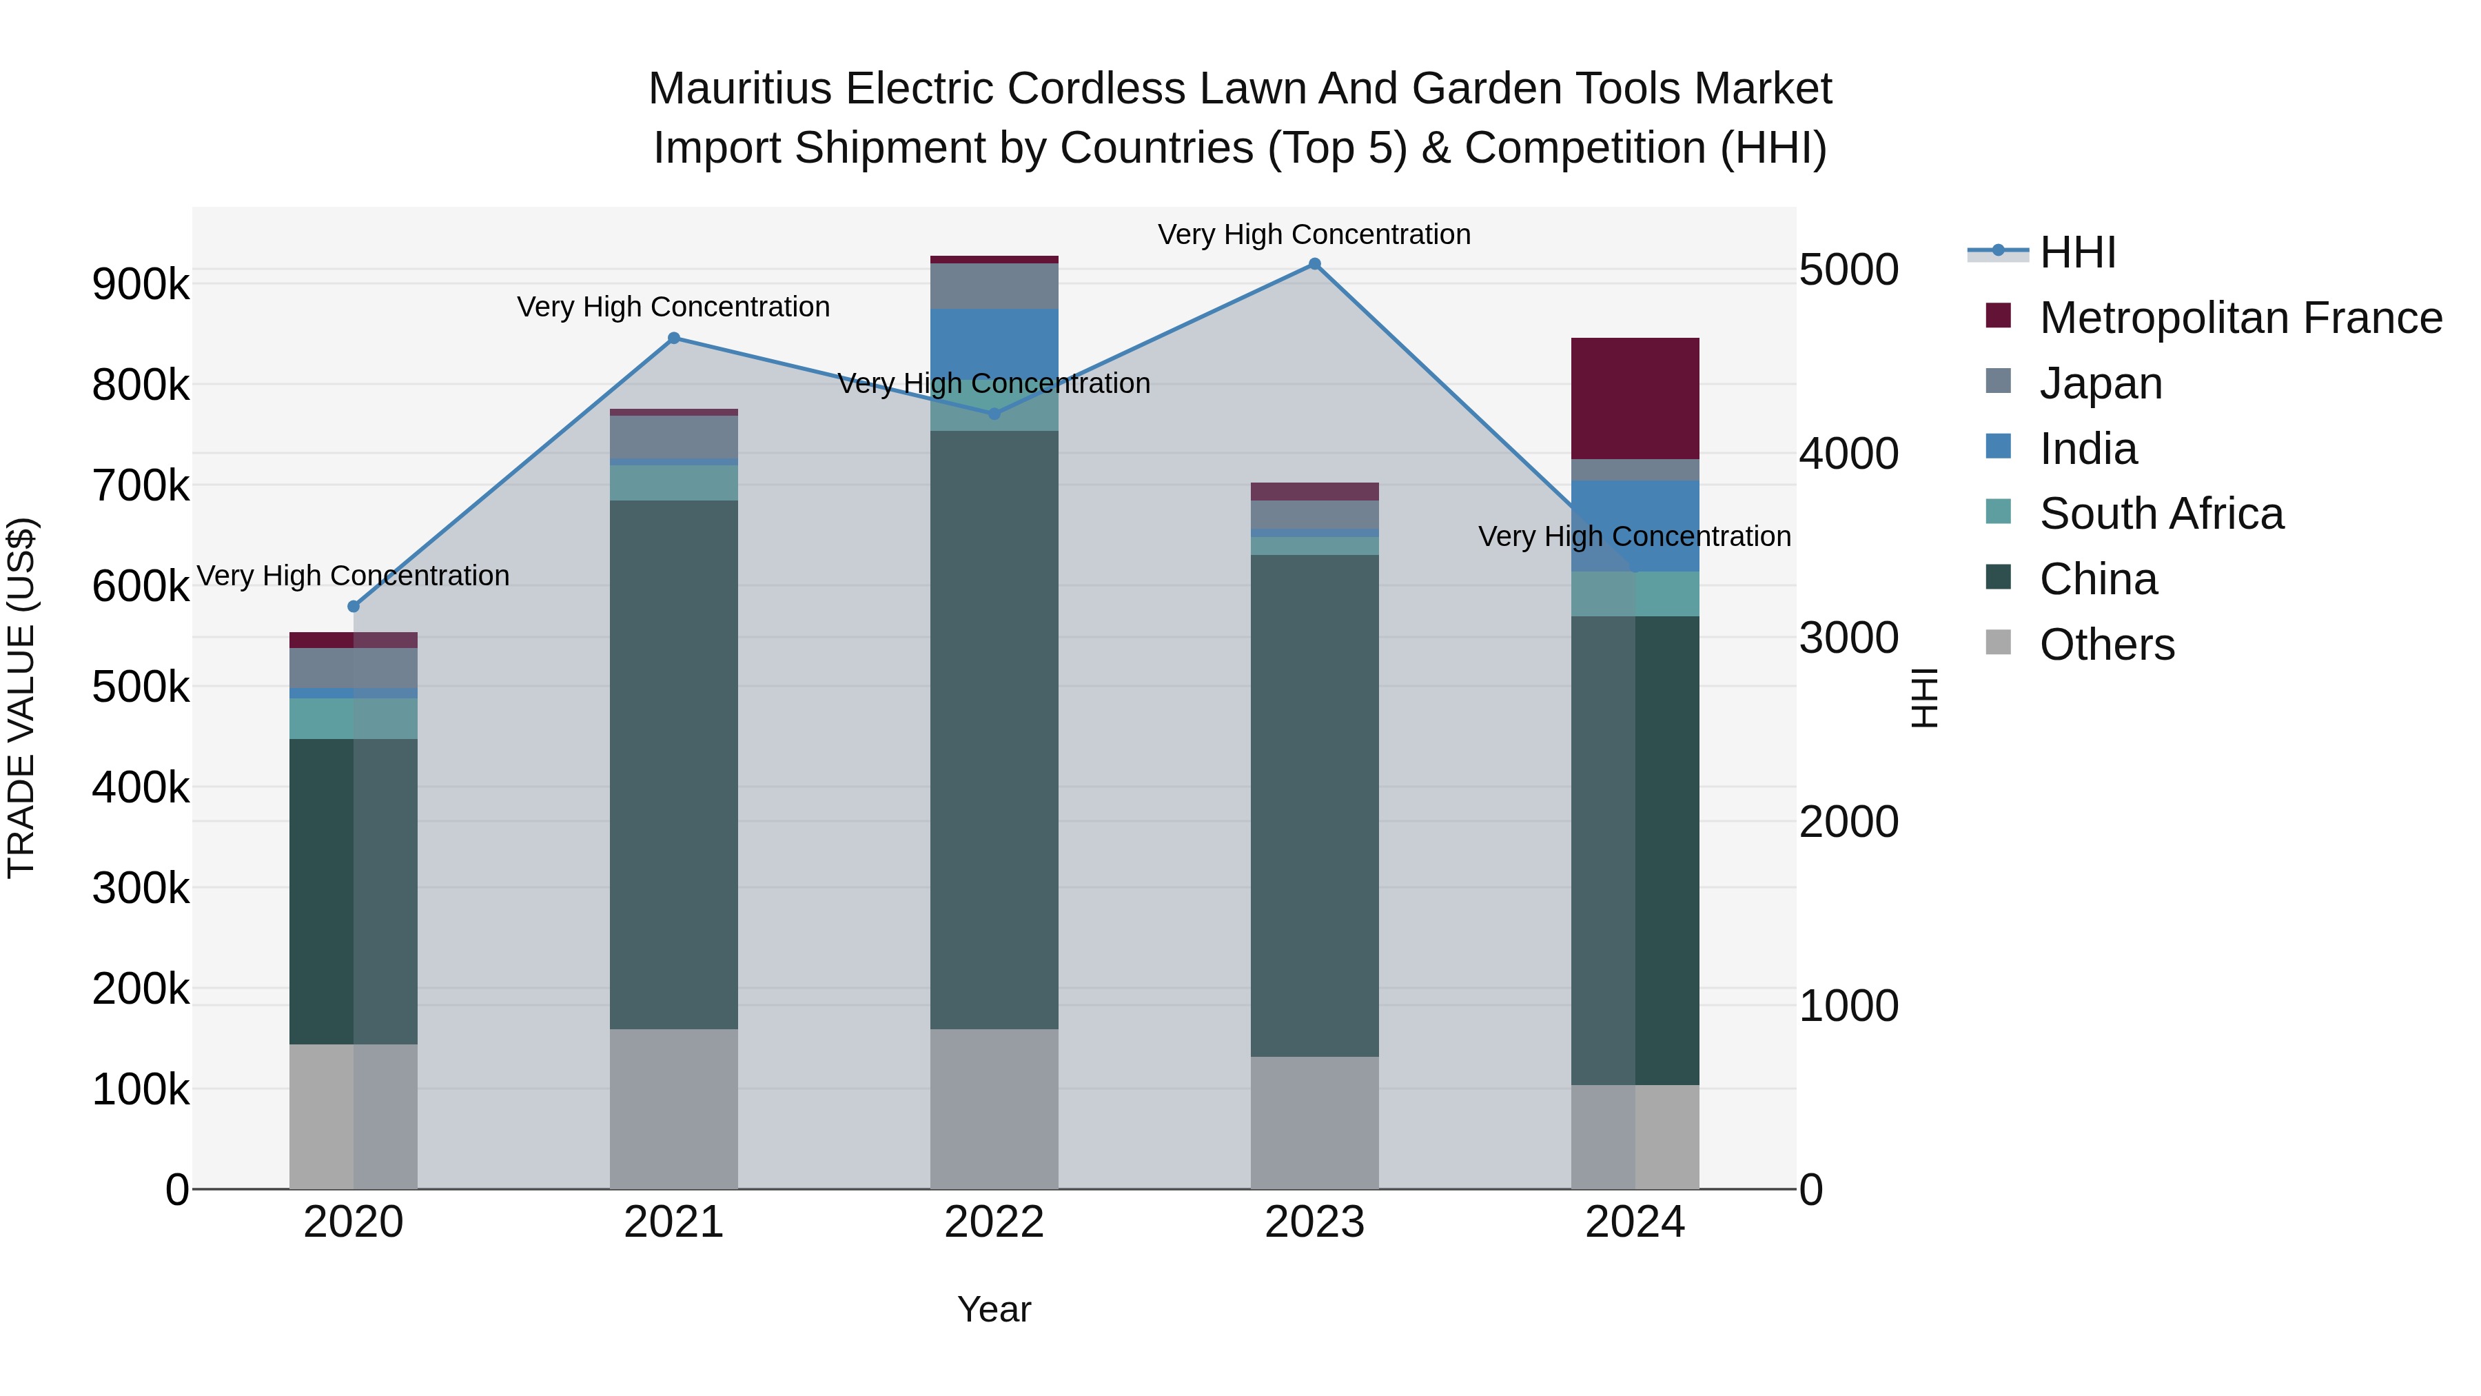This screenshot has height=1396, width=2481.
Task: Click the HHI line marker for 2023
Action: (1315, 264)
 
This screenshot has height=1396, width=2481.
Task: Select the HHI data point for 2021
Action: (674, 338)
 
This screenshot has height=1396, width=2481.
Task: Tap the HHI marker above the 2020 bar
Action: (354, 606)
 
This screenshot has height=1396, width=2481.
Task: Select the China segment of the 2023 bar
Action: (1315, 805)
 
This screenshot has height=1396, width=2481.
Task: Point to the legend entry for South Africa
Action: (2161, 514)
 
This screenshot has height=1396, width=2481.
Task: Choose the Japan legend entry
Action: (2101, 383)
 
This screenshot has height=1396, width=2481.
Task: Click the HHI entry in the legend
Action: (2077, 252)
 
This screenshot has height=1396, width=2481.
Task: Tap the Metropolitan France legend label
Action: (2240, 317)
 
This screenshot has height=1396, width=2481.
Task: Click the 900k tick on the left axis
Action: (141, 284)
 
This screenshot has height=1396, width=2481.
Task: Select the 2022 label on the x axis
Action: (994, 1222)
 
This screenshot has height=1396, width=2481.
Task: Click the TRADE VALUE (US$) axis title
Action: (21, 698)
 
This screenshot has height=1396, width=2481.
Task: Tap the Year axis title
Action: (994, 1309)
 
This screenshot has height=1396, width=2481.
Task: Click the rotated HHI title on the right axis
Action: (1923, 698)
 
